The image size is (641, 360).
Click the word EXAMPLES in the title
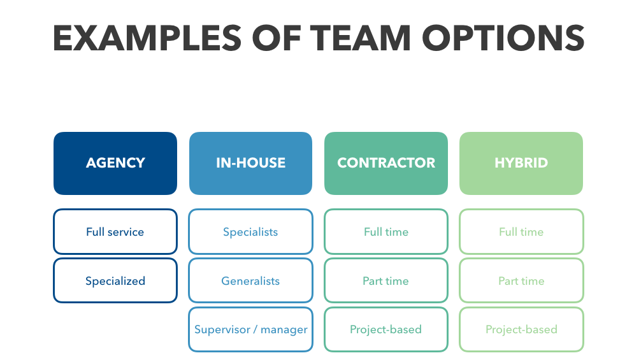[147, 38]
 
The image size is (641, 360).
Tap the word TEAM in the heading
[360, 38]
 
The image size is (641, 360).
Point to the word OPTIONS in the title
[503, 38]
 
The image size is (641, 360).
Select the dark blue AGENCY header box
[115, 163]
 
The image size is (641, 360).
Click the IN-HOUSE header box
[250, 163]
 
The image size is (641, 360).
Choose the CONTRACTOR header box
[386, 163]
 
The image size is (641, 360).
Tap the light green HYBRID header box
[521, 163]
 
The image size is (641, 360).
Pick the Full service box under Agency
[115, 232]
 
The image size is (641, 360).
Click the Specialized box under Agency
[115, 280]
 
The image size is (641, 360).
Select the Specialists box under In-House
[250, 232]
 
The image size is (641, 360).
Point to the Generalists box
[250, 280]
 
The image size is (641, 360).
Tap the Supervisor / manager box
[250, 329]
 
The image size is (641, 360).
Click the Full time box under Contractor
[386, 232]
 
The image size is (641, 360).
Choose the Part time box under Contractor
[386, 280]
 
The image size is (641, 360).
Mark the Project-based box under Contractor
[386, 329]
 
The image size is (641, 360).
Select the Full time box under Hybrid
[521, 232]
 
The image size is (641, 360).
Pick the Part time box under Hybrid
[521, 280]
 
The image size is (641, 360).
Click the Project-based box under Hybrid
[521, 329]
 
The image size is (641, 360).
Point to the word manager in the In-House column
[284, 330]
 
